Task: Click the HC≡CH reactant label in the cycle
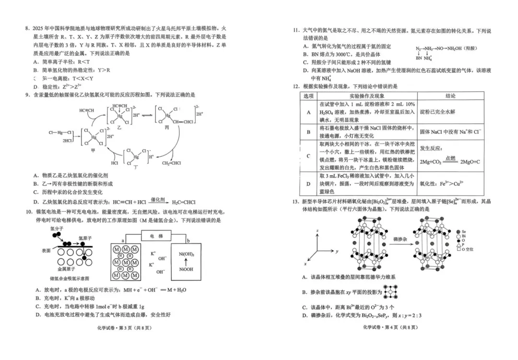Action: pyautogui.click(x=86, y=111)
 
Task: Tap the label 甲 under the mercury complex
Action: pyautogui.click(x=93, y=150)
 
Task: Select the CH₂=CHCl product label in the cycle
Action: pyautogui.click(x=171, y=163)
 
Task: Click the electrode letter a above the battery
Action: pyautogui.click(x=123, y=240)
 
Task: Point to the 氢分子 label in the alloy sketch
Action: pyautogui.click(x=57, y=229)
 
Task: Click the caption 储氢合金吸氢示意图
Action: pyautogui.click(x=69, y=279)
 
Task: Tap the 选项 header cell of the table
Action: pyautogui.click(x=308, y=96)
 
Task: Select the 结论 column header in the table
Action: pyautogui.click(x=450, y=96)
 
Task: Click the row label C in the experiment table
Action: pyautogui.click(x=308, y=156)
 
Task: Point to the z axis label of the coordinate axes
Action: pyautogui.click(x=317, y=231)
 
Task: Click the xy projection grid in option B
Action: pyautogui.click(x=392, y=292)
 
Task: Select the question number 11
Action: pyautogui.click(x=296, y=31)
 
